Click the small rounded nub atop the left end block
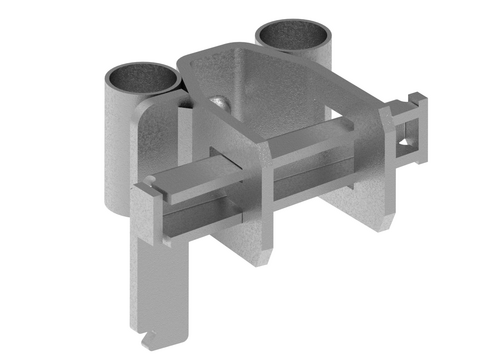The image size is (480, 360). [x=149, y=180]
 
